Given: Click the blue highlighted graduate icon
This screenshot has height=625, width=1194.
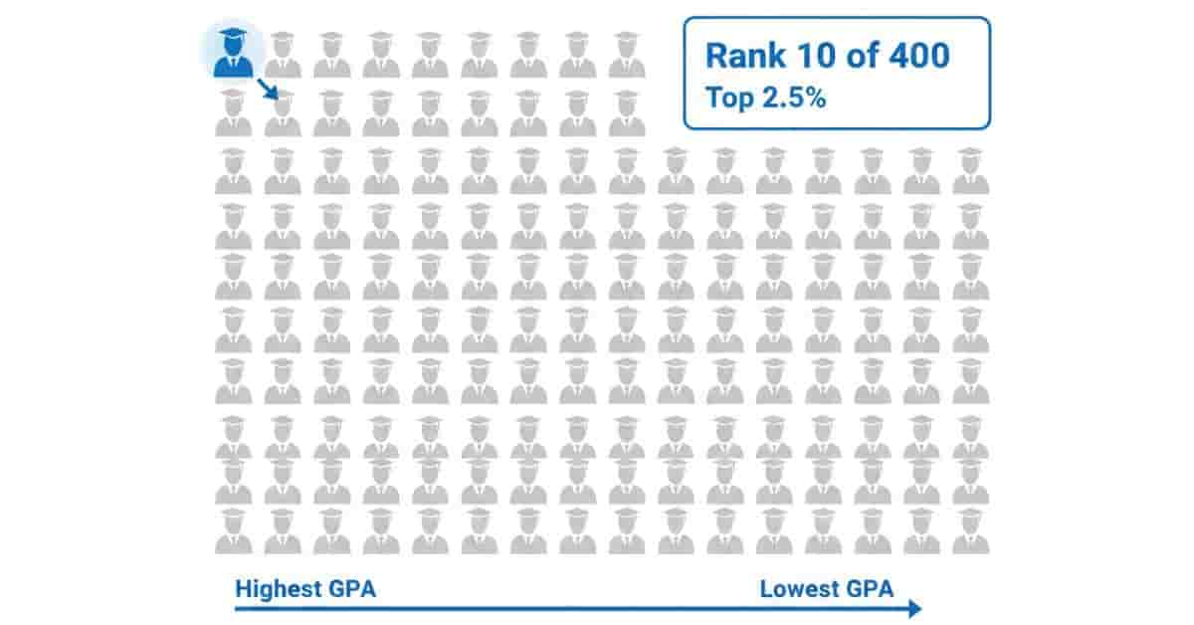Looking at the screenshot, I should coord(234,56).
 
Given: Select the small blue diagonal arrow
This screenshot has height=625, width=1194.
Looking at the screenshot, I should coord(267,91).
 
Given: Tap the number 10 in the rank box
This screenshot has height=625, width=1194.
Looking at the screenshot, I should coord(803,56).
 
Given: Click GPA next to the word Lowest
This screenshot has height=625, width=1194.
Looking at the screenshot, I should coord(871,588).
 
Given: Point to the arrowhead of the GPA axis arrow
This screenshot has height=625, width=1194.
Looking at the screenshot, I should coord(914,609).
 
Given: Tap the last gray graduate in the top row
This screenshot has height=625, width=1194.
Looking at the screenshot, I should coord(627,56).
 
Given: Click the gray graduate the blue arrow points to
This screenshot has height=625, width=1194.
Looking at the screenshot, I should coord(283,112).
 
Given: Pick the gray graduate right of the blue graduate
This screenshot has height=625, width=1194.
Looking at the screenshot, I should coord(283,56).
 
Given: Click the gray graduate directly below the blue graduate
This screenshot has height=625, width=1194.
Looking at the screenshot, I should coord(234,112).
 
